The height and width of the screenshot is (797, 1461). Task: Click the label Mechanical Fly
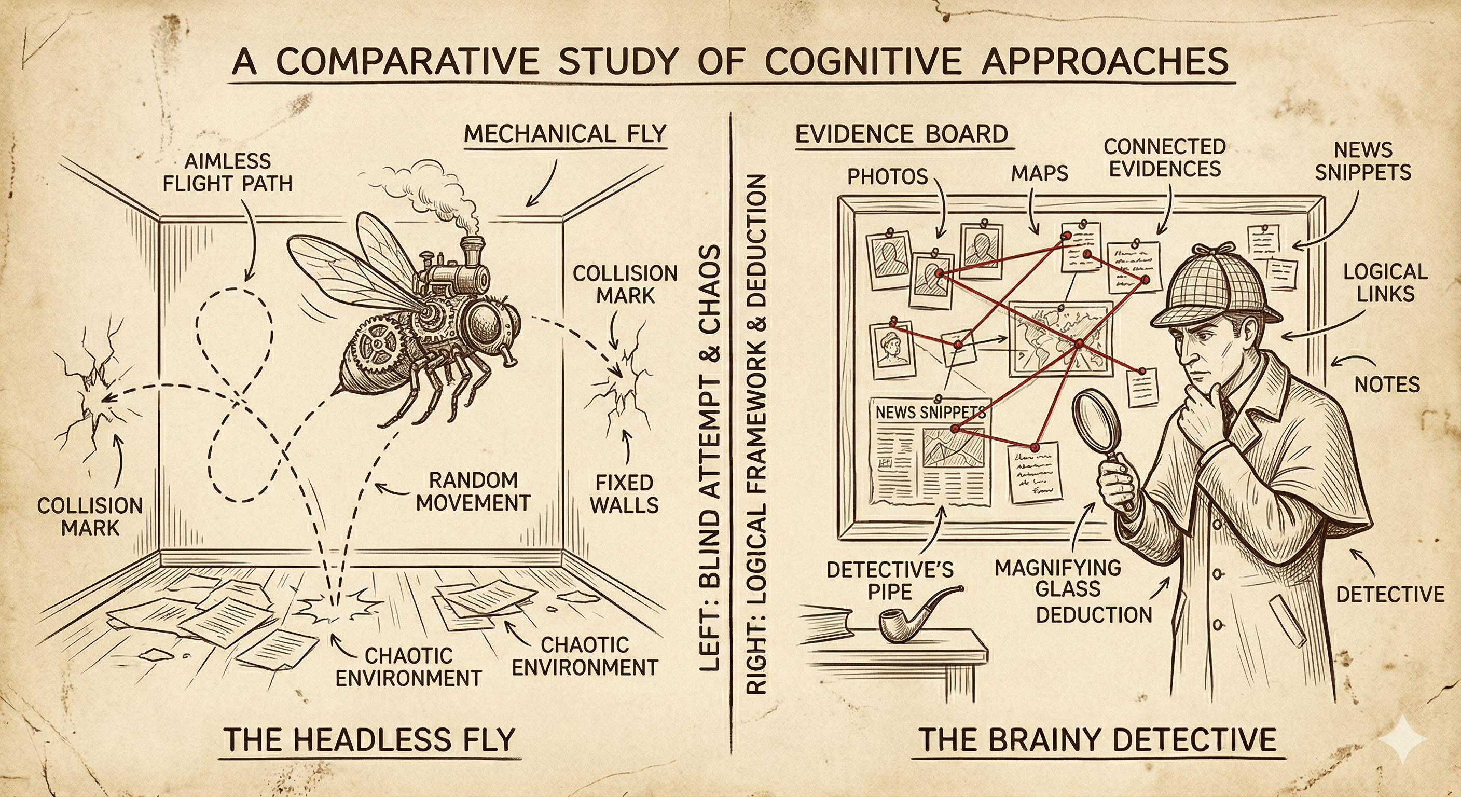565,134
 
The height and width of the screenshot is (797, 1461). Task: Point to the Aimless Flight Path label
227,172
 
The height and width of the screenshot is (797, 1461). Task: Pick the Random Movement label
473,491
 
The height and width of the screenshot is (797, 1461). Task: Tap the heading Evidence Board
901,134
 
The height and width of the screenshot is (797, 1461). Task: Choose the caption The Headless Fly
369,739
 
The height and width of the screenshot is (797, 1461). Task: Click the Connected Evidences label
1165,158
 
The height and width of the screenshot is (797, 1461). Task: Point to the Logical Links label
1385,282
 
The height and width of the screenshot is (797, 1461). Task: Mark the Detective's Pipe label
890,580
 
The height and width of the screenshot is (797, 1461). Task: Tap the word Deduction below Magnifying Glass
1094,615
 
